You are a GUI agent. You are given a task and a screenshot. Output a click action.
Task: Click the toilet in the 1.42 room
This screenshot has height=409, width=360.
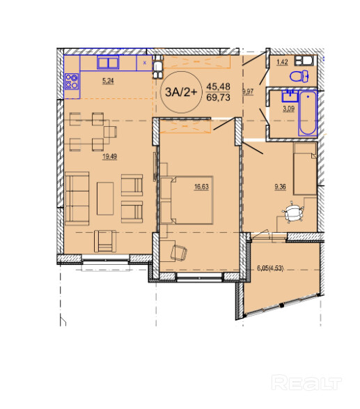299,76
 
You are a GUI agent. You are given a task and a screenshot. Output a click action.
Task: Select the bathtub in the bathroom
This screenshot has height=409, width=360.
308,113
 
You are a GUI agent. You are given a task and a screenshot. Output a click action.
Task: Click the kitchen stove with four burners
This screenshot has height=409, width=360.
72,81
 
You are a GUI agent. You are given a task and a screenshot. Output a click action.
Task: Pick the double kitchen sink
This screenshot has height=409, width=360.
108,62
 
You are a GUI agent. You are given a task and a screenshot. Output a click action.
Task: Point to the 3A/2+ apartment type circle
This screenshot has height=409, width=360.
181,92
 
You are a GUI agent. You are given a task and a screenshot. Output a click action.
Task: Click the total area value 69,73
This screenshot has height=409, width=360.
218,98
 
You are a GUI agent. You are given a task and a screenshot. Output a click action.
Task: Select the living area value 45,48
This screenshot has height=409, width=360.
218,86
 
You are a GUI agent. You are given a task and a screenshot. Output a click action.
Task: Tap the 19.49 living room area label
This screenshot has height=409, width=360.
110,157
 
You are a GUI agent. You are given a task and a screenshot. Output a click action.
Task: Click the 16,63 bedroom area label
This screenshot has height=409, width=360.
201,187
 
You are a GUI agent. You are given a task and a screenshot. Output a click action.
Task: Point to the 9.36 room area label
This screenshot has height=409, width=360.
280,187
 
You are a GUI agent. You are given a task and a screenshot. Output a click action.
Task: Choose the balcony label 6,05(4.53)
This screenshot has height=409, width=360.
270,268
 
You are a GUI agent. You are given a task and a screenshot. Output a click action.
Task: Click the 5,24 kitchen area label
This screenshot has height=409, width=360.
108,81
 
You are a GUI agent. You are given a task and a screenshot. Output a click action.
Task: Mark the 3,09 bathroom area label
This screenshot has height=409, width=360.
288,109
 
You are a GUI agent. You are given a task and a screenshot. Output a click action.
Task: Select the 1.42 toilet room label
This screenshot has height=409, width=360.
282,62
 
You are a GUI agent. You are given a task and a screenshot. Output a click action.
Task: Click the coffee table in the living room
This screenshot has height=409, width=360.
105,199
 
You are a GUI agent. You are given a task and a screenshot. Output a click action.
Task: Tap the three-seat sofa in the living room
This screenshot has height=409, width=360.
77,199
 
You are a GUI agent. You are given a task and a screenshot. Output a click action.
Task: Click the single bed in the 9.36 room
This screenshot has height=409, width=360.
305,169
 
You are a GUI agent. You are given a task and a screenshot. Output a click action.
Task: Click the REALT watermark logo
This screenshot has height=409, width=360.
306,383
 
